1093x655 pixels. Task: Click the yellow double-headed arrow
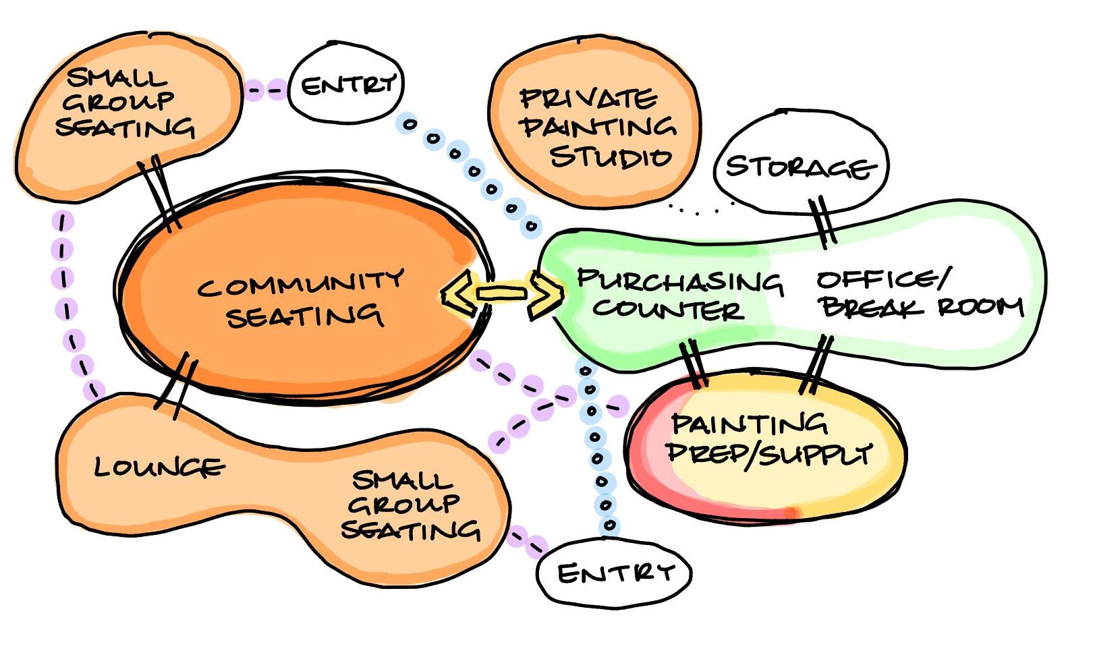(x=503, y=293)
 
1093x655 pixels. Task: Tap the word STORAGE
(x=801, y=166)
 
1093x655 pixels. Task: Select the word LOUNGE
(x=159, y=467)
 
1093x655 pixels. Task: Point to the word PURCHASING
(x=679, y=281)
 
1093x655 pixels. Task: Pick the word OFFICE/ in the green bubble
(x=884, y=279)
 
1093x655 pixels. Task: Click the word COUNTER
(x=668, y=310)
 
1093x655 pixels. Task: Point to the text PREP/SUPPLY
(x=769, y=453)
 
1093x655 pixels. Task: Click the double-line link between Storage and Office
(x=823, y=221)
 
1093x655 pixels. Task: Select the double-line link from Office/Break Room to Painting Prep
(x=816, y=364)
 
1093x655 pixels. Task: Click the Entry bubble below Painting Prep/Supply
(x=614, y=573)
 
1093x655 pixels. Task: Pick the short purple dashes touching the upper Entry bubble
(x=265, y=88)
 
